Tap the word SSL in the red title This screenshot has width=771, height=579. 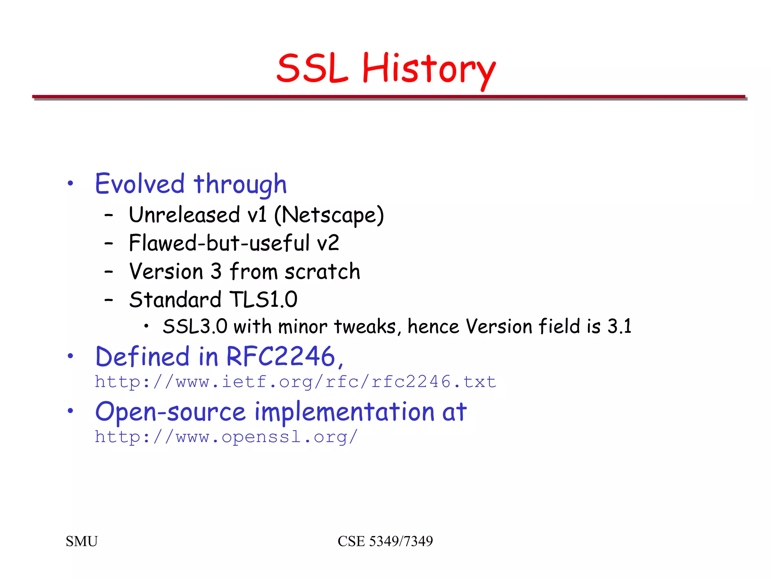(312, 69)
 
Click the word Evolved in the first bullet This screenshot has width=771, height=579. (140, 184)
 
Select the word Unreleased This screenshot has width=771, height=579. (184, 215)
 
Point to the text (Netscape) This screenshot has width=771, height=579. (329, 215)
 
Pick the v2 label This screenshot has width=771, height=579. (328, 243)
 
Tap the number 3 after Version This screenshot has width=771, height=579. (216, 271)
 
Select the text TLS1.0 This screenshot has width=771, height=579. (263, 300)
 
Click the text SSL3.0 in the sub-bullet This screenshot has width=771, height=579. (195, 326)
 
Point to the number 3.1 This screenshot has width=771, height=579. (619, 326)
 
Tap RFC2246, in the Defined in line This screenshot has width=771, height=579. (285, 357)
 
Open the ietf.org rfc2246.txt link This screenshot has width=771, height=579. (296, 382)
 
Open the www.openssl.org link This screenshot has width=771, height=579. (226, 437)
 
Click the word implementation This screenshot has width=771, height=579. (344, 412)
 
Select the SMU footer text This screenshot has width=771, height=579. (82, 541)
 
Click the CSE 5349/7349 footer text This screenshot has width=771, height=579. (385, 541)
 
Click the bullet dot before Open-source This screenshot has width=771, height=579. (70, 411)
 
